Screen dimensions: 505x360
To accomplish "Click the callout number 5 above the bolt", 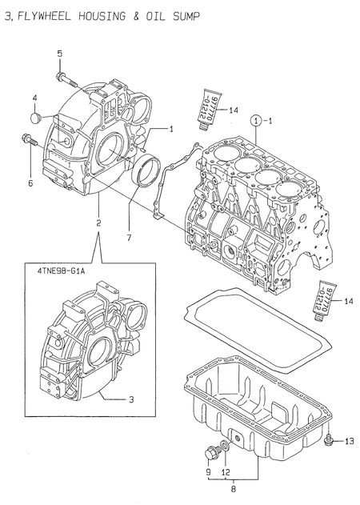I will click(59, 53).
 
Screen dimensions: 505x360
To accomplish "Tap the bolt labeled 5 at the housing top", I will click(62, 78).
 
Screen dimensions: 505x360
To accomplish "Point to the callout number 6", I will click(31, 182).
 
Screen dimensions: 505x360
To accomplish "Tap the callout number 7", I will click(128, 237).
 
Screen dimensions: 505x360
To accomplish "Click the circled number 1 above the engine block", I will click(254, 122).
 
